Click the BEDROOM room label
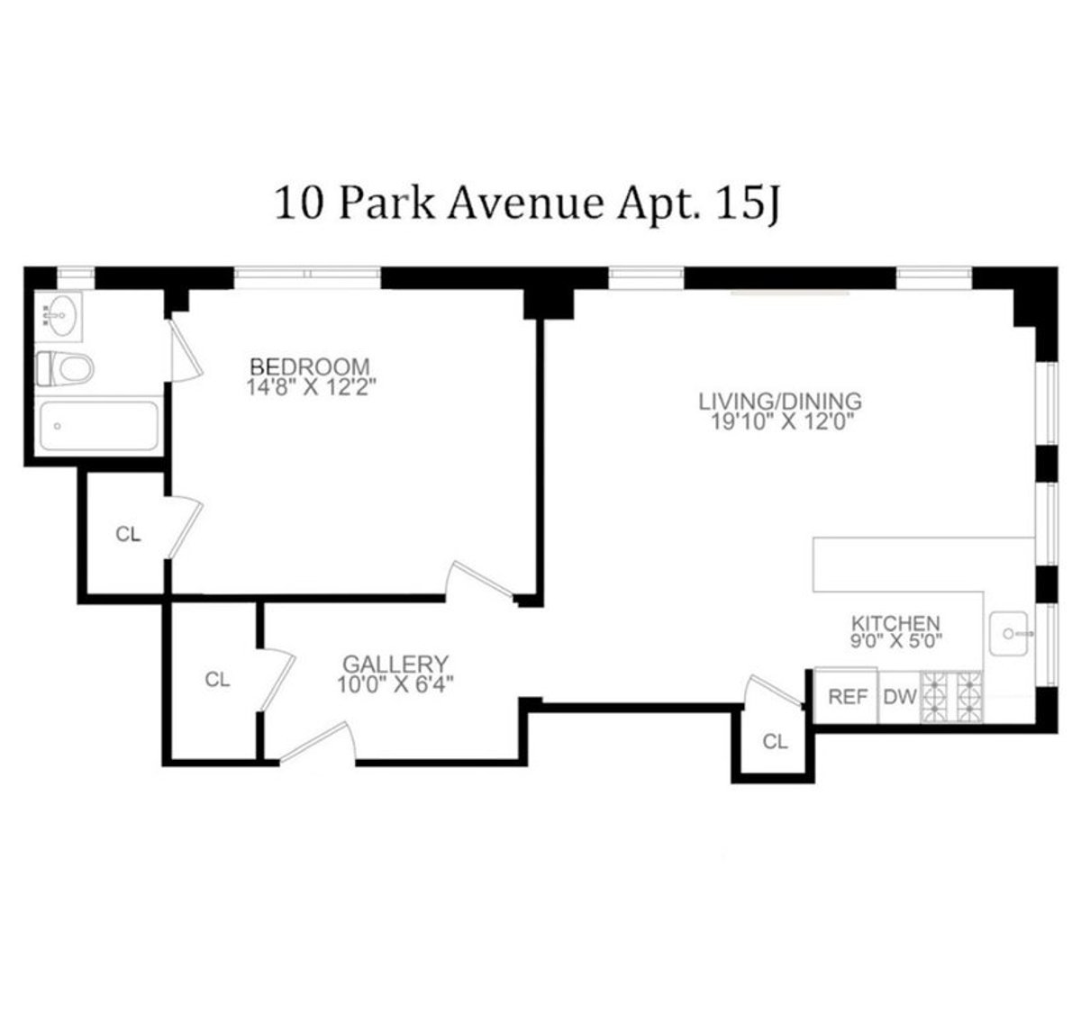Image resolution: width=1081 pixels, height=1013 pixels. click(309, 366)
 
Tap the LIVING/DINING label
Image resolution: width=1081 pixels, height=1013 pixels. click(780, 401)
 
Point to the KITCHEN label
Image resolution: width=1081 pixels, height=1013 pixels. click(895, 622)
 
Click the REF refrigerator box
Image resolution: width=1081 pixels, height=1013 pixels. click(847, 696)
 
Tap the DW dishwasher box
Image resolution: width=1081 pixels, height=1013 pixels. click(899, 696)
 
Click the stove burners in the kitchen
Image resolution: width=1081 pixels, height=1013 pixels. click(952, 696)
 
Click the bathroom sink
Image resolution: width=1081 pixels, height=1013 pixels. click(59, 316)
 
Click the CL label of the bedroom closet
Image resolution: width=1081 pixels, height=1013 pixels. click(128, 534)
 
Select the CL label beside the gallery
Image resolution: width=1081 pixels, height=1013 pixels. click(217, 679)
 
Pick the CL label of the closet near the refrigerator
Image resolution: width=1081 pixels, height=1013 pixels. click(775, 742)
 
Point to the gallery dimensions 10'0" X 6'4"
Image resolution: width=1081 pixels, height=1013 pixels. click(395, 684)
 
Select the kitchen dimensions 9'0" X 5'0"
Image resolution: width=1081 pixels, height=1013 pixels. click(895, 642)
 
